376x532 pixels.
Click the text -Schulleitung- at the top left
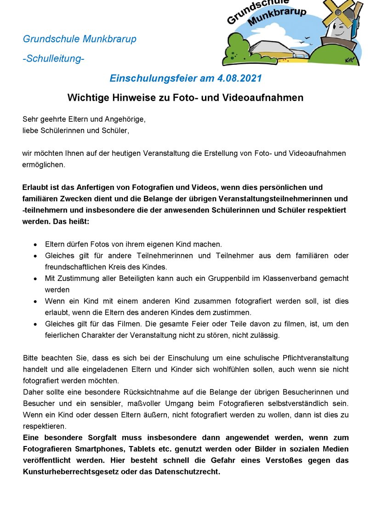click(x=53, y=59)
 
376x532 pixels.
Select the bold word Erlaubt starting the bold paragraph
click(x=36, y=188)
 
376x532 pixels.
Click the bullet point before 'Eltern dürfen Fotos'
click(x=35, y=245)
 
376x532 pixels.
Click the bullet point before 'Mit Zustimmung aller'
click(x=35, y=279)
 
